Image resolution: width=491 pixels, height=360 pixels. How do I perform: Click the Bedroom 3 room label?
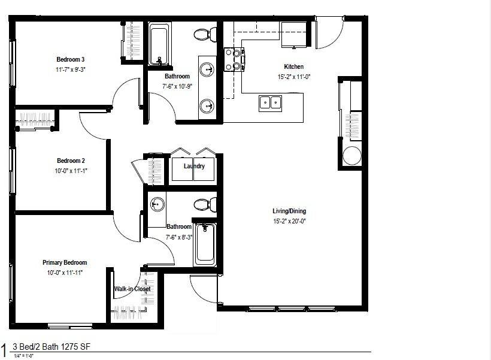[71, 59]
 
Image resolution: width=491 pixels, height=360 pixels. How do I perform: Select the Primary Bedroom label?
[65, 262]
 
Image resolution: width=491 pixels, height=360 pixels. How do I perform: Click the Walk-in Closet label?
[132, 289]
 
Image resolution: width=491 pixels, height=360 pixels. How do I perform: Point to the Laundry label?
[195, 166]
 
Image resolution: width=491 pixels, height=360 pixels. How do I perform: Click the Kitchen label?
[293, 66]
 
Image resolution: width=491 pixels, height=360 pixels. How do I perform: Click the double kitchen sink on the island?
[271, 102]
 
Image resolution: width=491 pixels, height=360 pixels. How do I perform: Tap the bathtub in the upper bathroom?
[159, 44]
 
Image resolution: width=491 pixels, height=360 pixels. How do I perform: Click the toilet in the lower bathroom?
[204, 204]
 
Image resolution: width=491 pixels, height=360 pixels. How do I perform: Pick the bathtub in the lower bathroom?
[205, 244]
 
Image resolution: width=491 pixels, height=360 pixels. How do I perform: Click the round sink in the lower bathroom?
[157, 204]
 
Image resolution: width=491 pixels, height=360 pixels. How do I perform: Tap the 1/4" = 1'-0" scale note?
[24, 356]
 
